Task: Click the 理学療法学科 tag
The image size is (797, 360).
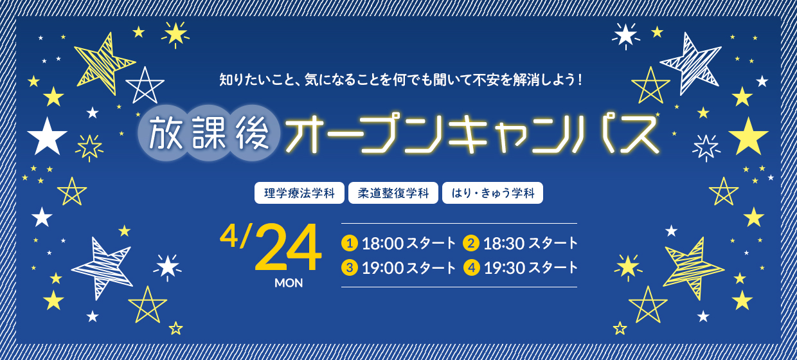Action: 300,193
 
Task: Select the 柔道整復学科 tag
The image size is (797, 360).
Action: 393,193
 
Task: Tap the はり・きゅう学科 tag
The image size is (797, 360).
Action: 493,193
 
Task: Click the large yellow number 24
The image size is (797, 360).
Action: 288,248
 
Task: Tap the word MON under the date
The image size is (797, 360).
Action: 289,283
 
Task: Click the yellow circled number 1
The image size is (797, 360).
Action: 350,243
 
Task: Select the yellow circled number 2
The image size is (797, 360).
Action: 471,243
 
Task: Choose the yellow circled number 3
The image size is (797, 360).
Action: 350,267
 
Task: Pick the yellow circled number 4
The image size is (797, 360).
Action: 472,267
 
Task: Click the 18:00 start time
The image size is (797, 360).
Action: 383,244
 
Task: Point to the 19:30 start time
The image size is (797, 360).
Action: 505,268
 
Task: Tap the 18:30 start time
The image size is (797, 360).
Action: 504,244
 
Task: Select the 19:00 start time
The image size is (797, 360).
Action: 383,268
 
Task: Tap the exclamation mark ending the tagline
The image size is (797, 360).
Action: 580,80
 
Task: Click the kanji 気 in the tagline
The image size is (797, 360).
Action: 312,80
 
